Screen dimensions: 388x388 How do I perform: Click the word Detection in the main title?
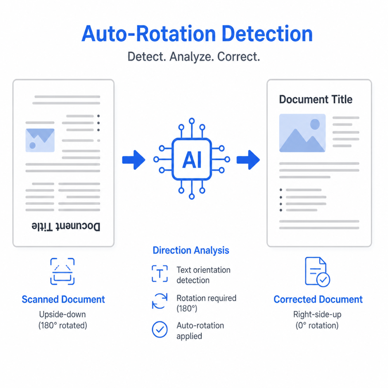point(267,34)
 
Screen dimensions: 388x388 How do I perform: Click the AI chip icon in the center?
point(192,159)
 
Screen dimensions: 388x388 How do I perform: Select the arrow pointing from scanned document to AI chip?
point(134,160)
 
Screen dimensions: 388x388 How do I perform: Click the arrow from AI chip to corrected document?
point(248,160)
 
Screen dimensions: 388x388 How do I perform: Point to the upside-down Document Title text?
point(66,226)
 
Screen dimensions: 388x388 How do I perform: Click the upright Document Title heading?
point(316,99)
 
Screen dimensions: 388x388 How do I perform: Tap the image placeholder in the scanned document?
point(40,140)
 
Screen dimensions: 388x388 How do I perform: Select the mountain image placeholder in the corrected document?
point(302,133)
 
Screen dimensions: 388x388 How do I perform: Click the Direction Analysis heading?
point(191,250)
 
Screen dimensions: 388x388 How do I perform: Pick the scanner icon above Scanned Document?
point(63,272)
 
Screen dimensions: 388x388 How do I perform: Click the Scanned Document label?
point(64,299)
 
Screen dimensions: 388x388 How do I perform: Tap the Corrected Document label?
point(318,299)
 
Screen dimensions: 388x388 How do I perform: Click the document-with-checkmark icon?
point(318,272)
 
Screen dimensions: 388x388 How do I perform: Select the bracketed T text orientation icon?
point(160,274)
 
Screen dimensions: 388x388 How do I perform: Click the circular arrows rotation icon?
point(160,301)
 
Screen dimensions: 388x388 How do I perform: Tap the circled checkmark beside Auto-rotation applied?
point(160,329)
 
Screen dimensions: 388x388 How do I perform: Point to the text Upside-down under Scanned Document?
point(63,314)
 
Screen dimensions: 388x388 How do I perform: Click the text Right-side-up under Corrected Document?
point(317,314)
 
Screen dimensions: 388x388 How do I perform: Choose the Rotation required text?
point(207,298)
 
